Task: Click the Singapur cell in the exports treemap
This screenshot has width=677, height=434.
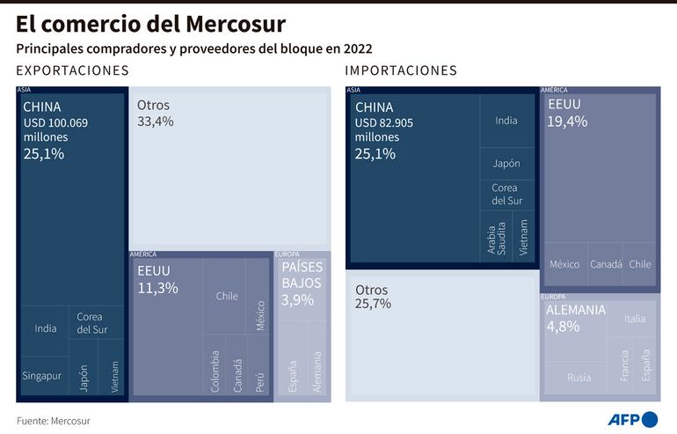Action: (x=41, y=376)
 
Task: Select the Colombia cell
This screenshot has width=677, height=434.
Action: (x=215, y=370)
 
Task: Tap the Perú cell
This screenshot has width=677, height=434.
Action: (x=259, y=370)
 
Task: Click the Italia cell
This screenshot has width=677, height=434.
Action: (x=634, y=319)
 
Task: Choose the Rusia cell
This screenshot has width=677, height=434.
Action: (x=579, y=378)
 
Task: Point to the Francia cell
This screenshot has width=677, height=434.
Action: (x=624, y=364)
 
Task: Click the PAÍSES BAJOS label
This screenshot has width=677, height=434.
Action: (x=302, y=275)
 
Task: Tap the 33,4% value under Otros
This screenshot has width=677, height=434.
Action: (x=156, y=121)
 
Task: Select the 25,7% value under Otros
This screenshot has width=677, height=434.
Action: (x=374, y=304)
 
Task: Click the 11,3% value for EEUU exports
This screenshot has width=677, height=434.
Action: (x=157, y=288)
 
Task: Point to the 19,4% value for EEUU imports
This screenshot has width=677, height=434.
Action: (x=567, y=121)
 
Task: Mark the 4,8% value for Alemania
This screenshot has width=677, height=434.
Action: (x=563, y=327)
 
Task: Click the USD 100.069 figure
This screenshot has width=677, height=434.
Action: (x=55, y=123)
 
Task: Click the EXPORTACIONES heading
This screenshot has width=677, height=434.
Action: (x=72, y=70)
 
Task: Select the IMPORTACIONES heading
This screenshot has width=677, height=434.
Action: (x=401, y=70)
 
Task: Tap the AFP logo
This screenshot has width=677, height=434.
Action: (x=632, y=418)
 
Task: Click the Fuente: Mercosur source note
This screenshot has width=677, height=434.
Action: (x=53, y=421)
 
